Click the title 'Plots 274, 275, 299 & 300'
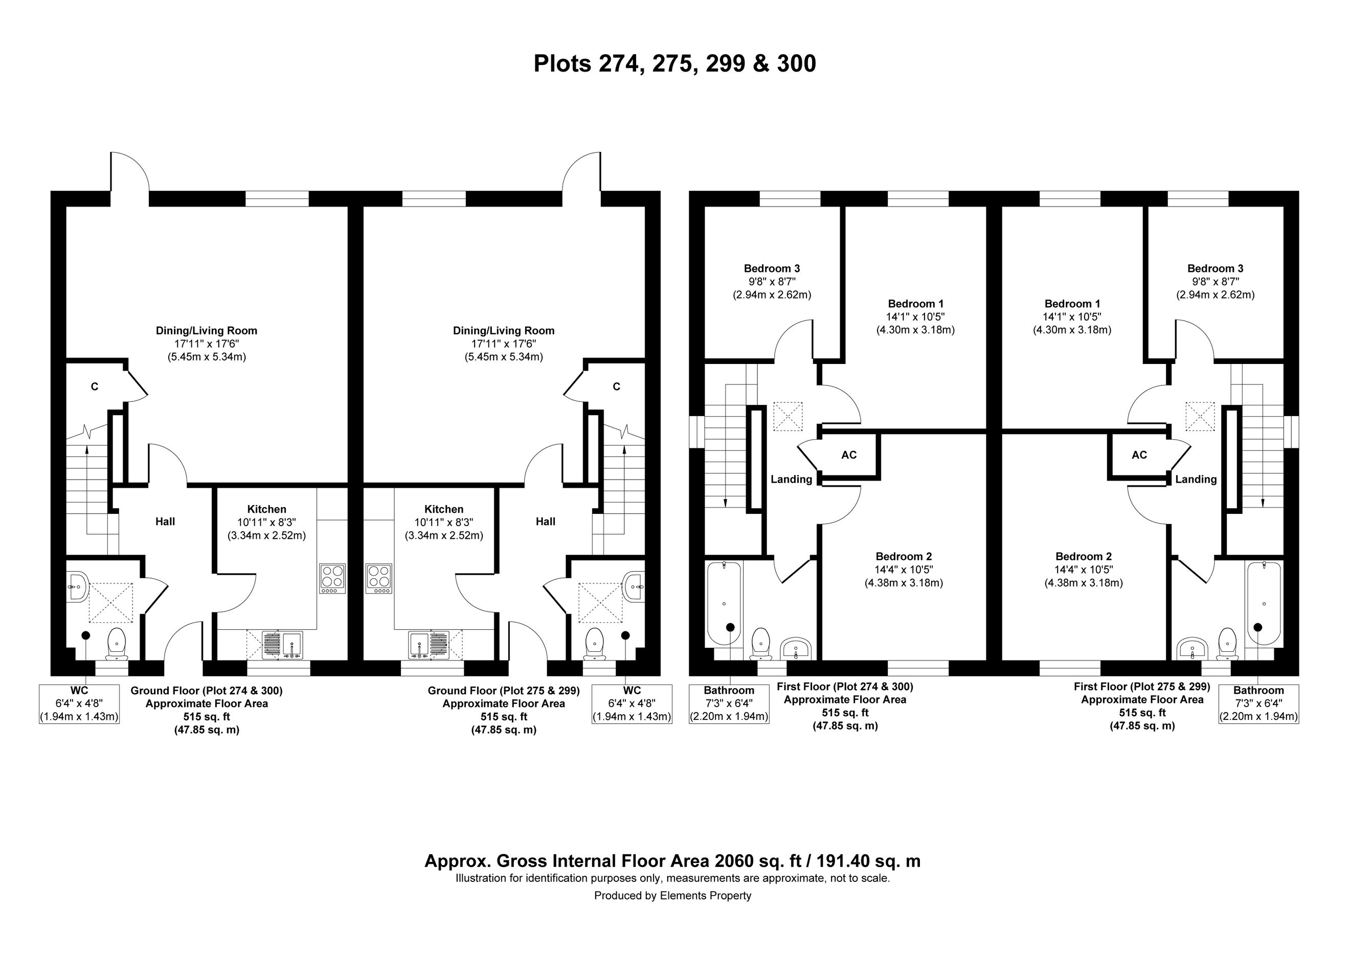[674, 63]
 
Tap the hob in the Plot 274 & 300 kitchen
[332, 578]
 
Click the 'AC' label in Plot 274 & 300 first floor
[849, 455]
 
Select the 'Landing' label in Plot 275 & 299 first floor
[1196, 480]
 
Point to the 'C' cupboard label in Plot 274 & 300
[95, 387]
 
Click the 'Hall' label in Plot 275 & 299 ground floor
[546, 521]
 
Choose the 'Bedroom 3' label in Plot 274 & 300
[772, 268]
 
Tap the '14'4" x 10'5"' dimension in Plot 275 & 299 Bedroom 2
[1084, 570]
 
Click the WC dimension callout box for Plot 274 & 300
[79, 703]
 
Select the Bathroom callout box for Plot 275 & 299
[1258, 703]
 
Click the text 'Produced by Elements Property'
[672, 895]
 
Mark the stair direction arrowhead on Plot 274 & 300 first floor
[725, 503]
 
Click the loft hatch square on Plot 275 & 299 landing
[1200, 416]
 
